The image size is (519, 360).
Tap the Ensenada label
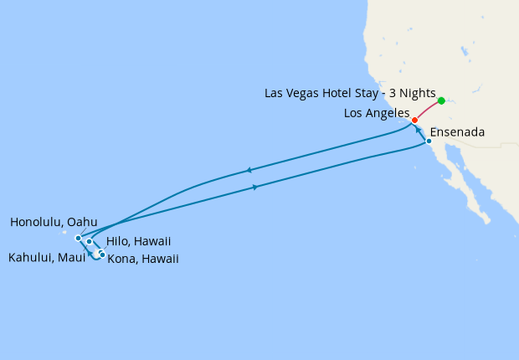click(457, 132)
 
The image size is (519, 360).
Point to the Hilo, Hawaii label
click(139, 241)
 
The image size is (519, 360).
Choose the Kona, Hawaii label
click(143, 259)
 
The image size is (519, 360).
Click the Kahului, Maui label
click(45, 258)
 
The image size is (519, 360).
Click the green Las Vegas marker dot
click(441, 100)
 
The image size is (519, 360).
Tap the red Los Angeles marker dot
click(415, 120)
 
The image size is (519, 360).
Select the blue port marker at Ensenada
click(429, 141)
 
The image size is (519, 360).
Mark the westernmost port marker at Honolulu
click(78, 238)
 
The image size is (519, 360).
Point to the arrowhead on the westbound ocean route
click(249, 171)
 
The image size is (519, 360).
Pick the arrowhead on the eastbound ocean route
click(254, 187)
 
